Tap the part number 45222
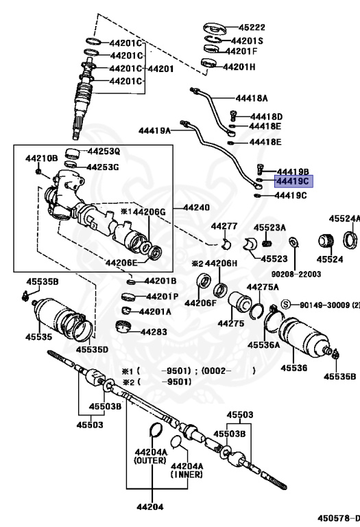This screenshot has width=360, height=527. pyautogui.click(x=252, y=27)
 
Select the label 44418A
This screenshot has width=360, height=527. pyautogui.click(x=252, y=98)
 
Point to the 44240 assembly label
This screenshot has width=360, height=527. pyautogui.click(x=196, y=207)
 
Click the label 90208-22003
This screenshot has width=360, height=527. pyautogui.click(x=296, y=274)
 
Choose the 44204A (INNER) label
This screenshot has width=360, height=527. pyautogui.click(x=187, y=470)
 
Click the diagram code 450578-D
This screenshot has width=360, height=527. pyautogui.click(x=339, y=518)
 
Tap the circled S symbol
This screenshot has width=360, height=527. pyautogui.click(x=285, y=305)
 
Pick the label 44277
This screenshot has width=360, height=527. pyautogui.click(x=224, y=226)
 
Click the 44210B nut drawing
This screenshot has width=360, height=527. pyautogui.click(x=38, y=172)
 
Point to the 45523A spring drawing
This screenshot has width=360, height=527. pyautogui.click(x=267, y=243)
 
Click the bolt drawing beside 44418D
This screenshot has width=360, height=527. pyautogui.click(x=233, y=115)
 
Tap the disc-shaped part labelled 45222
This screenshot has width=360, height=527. pyautogui.click(x=215, y=28)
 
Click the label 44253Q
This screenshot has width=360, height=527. pyautogui.click(x=104, y=151)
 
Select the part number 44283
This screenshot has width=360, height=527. pyautogui.click(x=154, y=332)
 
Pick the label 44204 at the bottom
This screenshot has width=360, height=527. pyautogui.click(x=149, y=506)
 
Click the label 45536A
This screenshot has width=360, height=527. pyautogui.click(x=263, y=345)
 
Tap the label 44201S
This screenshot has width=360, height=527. pyautogui.click(x=248, y=41)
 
